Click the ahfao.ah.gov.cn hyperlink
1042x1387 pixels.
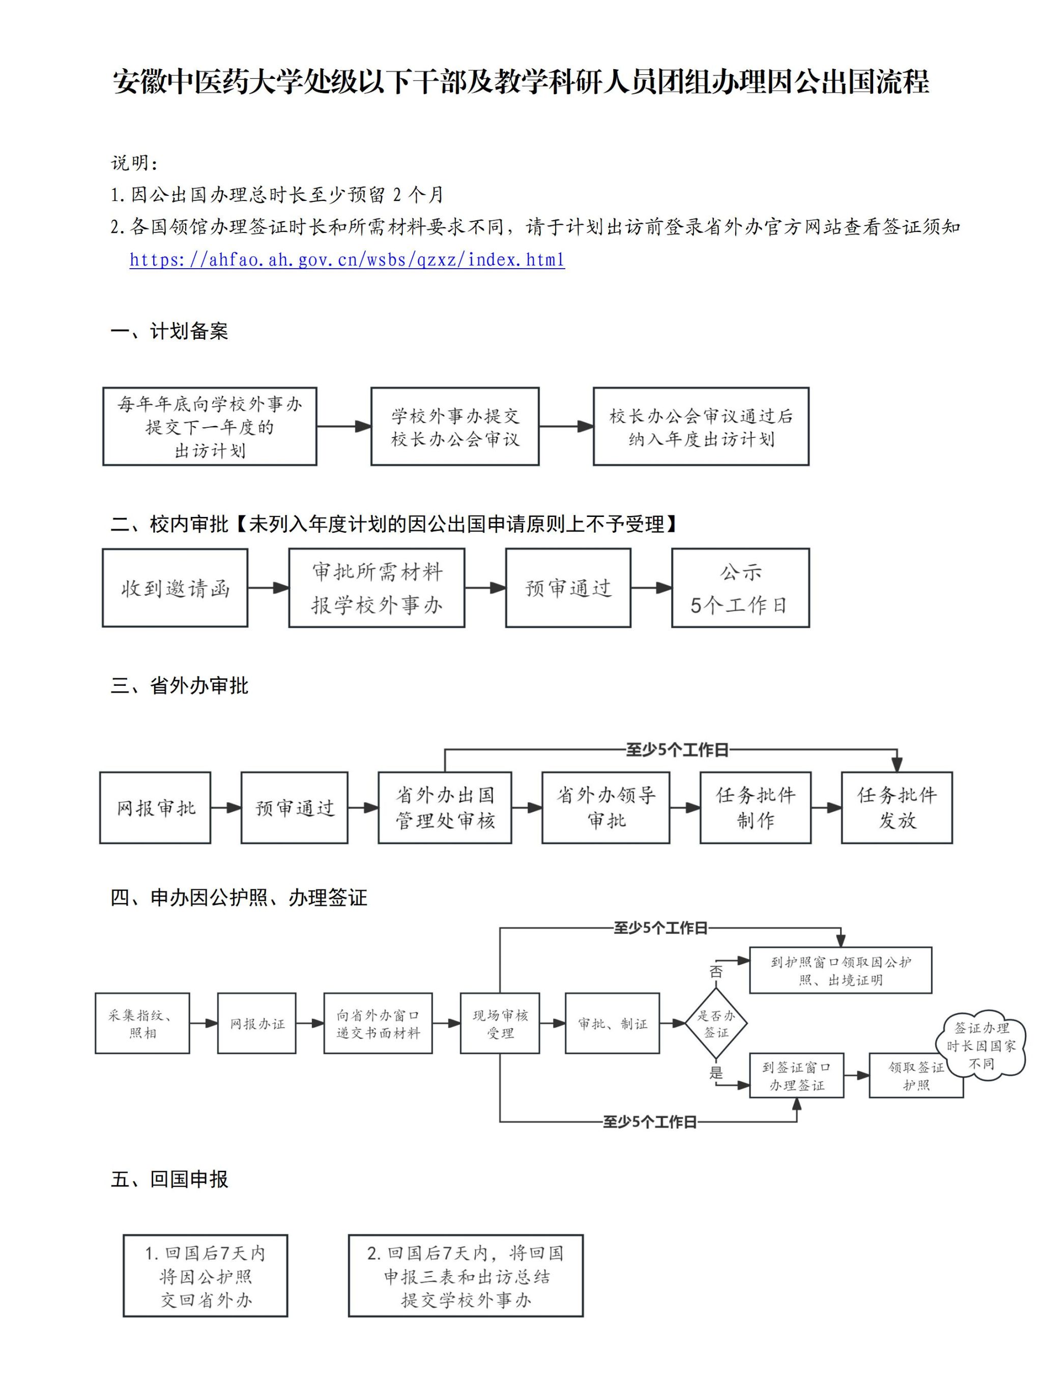346,259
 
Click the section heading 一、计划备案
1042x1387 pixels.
169,331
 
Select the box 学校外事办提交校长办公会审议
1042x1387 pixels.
454,426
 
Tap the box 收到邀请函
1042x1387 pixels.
175,588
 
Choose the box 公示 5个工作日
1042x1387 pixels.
740,588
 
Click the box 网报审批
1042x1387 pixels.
155,807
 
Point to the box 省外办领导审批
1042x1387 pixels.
605,807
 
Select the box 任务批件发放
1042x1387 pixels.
896,807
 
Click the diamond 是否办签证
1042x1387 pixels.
715,1023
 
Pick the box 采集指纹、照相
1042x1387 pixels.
142,1023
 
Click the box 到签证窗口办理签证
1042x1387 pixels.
796,1076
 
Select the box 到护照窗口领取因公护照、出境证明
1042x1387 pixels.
840,970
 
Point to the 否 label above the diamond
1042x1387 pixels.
715,972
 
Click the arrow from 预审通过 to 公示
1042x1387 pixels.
651,588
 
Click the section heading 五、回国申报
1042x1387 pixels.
169,1179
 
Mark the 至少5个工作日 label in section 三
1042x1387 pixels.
677,750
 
